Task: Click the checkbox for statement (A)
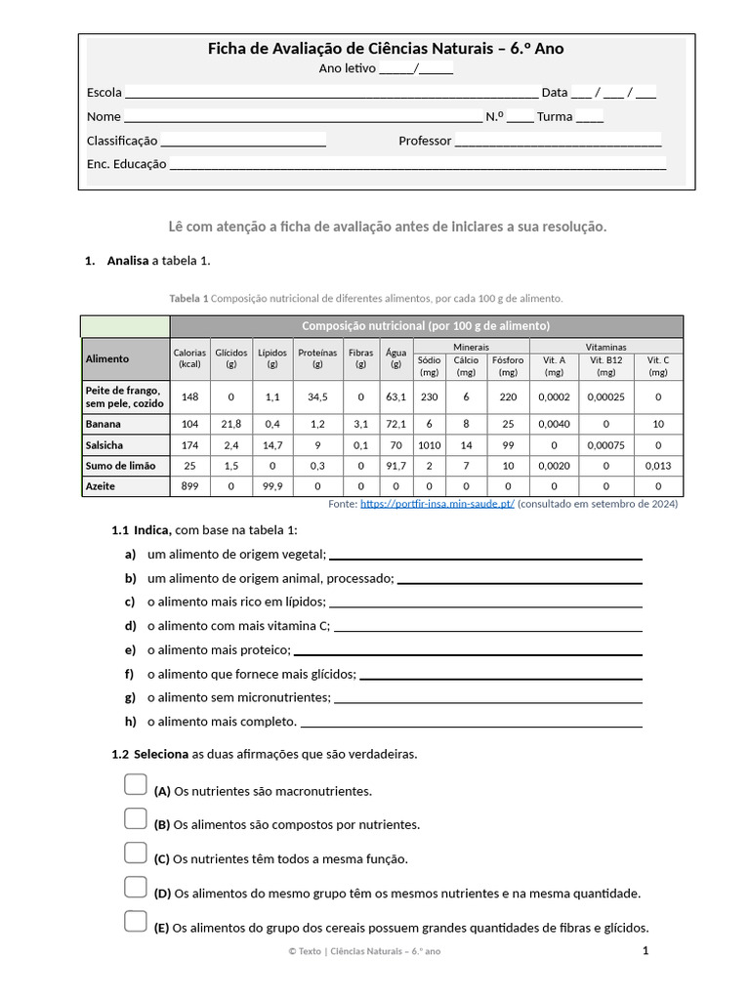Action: point(136,785)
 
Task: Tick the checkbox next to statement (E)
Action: point(136,922)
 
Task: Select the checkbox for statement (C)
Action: point(136,854)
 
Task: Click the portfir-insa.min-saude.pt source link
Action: point(437,504)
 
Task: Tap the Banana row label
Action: point(104,424)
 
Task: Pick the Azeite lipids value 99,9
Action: point(272,485)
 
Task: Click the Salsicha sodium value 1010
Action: point(429,444)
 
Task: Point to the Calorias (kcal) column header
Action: point(189,358)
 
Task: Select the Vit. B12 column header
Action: point(606,365)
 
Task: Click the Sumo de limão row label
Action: point(120,465)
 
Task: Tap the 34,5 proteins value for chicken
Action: point(317,396)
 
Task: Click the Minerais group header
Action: point(472,347)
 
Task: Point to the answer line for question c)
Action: point(485,606)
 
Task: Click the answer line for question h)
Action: point(472,727)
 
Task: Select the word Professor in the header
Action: point(425,141)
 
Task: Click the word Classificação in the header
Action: point(122,141)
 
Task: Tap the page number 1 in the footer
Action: point(646,950)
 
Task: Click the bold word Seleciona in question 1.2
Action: point(161,754)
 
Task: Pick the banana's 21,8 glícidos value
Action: point(231,424)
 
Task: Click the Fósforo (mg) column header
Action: point(508,365)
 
